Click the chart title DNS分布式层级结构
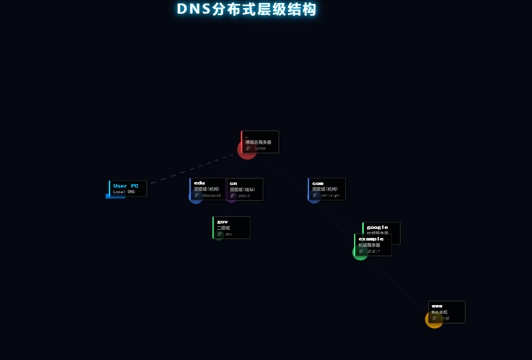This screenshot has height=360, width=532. [x=247, y=9]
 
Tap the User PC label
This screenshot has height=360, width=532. [x=125, y=186]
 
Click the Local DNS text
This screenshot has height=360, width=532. [x=124, y=192]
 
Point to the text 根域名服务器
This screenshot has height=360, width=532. [x=258, y=142]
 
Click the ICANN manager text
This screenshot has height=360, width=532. [x=260, y=148]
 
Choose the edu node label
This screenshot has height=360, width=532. [x=199, y=183]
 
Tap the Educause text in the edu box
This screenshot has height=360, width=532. [x=212, y=195]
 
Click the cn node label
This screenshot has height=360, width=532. [x=233, y=183]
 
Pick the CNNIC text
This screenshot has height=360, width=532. [x=244, y=196]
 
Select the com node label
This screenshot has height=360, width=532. [x=317, y=183]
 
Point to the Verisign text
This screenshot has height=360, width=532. [x=330, y=195]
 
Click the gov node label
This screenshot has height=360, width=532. [x=222, y=222]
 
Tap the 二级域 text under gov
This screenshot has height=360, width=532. [x=223, y=228]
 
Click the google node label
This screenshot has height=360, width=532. [x=377, y=227]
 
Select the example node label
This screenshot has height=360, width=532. [x=371, y=239]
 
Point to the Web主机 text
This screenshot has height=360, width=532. [x=439, y=312]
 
